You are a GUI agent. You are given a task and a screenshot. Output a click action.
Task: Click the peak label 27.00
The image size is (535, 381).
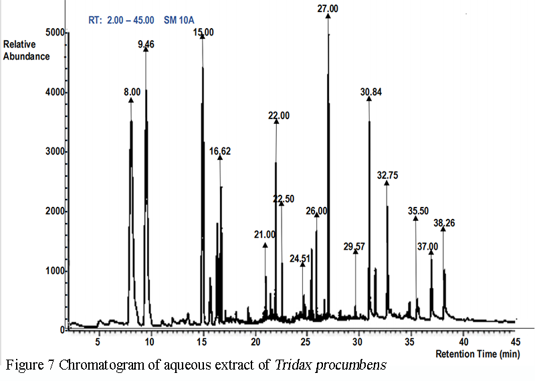(328, 9)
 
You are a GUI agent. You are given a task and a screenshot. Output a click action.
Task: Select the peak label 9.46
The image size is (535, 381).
(146, 44)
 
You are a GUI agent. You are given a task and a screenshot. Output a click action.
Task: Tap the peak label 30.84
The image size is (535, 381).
(371, 92)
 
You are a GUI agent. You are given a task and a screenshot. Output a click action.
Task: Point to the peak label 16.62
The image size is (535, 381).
(220, 151)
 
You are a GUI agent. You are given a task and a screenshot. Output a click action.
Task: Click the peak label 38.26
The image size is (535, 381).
(444, 223)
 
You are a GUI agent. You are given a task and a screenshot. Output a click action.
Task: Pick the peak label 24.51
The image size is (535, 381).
(300, 259)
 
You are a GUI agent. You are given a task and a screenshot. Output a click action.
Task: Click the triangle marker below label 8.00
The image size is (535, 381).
(131, 100)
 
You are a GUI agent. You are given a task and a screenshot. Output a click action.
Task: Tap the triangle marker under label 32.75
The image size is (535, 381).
(387, 183)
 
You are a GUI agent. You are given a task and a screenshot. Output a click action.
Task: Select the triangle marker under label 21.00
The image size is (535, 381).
(265, 245)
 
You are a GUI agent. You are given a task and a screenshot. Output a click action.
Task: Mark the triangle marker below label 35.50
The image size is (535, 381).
(415, 218)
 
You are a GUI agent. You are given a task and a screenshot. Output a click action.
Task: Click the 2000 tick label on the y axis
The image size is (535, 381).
(55, 211)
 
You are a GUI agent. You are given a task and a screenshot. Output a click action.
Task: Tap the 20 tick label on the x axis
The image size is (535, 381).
(255, 341)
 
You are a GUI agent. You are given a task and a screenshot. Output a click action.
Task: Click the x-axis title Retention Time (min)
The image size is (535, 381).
(477, 354)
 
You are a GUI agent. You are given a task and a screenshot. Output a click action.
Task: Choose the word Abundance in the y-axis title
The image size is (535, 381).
(27, 56)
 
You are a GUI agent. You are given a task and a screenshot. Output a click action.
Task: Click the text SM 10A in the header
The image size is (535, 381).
(179, 20)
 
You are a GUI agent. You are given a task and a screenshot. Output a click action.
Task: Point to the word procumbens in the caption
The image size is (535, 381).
(351, 366)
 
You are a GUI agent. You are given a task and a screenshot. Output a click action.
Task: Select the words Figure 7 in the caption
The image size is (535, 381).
(30, 366)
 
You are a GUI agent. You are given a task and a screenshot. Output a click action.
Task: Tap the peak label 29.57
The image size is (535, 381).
(354, 246)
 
